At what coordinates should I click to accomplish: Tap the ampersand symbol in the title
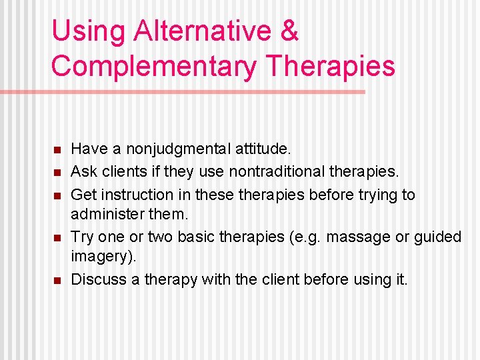tap(289, 31)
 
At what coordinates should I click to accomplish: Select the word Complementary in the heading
tap(155, 66)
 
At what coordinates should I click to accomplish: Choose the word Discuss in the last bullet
tap(97, 279)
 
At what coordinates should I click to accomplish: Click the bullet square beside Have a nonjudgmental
tap(58, 149)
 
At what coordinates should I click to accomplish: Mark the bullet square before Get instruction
tap(58, 195)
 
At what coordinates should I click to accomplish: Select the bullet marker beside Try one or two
tap(58, 237)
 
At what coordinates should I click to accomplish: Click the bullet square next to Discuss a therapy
tap(58, 280)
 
